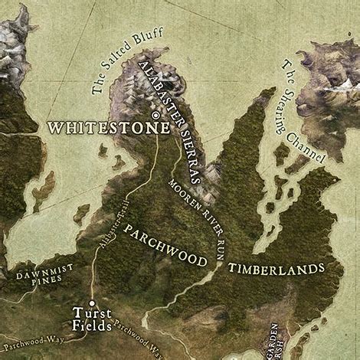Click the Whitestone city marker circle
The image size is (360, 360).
click(156, 115)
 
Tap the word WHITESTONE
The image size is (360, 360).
click(107, 127)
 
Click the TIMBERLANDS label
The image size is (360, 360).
click(276, 268)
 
